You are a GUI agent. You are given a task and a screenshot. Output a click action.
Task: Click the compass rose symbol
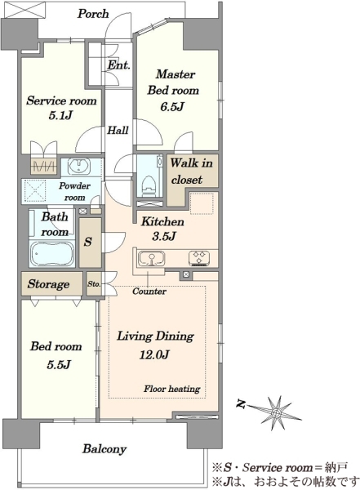(275, 413)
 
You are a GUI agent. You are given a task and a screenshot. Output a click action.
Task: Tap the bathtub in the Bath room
(52, 253)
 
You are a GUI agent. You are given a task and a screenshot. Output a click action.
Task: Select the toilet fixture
(149, 185)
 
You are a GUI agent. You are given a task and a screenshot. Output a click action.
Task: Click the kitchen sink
(152, 259)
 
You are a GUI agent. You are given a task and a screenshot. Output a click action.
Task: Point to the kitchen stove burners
(199, 258)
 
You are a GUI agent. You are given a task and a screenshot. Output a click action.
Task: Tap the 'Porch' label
(93, 14)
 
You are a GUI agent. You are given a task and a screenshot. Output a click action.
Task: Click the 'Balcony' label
(104, 449)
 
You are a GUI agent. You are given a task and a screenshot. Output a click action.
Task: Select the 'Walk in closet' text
(191, 171)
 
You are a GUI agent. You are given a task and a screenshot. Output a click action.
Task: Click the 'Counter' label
(149, 292)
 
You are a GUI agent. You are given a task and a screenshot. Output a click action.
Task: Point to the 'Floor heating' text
(172, 389)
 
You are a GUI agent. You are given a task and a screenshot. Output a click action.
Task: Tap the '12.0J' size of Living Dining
(154, 354)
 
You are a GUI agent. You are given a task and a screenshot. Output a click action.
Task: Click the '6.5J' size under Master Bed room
(172, 107)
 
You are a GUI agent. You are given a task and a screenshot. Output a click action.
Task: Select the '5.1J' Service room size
(60, 116)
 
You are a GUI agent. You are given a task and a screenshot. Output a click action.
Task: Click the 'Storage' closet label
(48, 284)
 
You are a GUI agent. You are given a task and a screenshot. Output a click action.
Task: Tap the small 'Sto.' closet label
(94, 284)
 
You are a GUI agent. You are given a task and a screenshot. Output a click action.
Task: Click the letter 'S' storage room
(88, 242)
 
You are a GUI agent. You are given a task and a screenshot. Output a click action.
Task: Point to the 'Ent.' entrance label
(118, 65)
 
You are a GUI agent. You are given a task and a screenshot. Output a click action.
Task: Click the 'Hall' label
(118, 130)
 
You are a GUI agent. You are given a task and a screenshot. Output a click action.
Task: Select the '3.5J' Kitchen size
(164, 236)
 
